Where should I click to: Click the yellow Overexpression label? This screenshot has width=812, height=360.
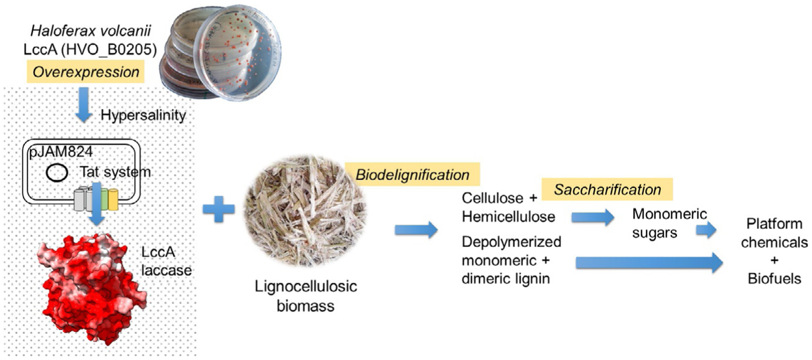tap(86, 72)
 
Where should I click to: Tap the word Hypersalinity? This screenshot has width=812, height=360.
tap(143, 115)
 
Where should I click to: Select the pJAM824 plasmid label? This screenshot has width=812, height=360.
tap(60, 152)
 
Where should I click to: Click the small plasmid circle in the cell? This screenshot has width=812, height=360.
tap(57, 173)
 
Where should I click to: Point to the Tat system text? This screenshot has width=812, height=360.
tap(115, 172)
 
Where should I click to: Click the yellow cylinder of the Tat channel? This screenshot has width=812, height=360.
tap(113, 200)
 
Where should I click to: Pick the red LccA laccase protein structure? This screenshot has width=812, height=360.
tap(91, 288)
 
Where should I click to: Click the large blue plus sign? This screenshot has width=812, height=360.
tap(219, 209)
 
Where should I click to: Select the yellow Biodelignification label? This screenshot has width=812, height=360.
tap(412, 175)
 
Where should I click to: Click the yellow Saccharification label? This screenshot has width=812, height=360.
tap(607, 190)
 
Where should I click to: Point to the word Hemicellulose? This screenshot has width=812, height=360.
tap(508, 217)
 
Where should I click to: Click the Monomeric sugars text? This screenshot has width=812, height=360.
tap(669, 223)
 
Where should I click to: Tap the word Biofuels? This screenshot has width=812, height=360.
tap(774, 279)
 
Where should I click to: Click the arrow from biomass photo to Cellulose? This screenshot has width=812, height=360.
tap(416, 230)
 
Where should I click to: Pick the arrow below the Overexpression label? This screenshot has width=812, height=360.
tap(84, 105)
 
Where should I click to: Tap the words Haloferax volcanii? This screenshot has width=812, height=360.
tap(91, 30)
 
